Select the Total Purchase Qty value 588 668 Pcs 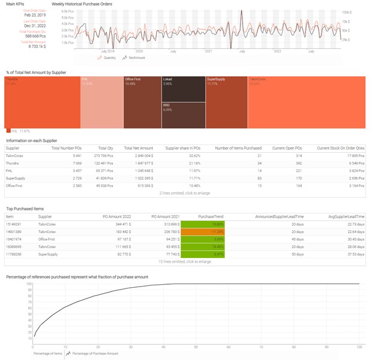(26, 36)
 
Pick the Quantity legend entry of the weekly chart (108, 58)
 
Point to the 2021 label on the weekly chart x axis (209, 51)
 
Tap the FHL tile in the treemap (101, 101)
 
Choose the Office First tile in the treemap (142, 101)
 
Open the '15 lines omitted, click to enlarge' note (185, 261)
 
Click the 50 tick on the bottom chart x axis (196, 347)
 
